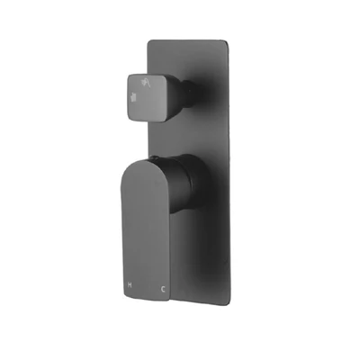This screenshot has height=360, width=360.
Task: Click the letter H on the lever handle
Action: pyautogui.click(x=130, y=284)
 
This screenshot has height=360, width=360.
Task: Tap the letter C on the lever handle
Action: pyautogui.click(x=163, y=289)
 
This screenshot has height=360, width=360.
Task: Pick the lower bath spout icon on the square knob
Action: pyautogui.click(x=134, y=97)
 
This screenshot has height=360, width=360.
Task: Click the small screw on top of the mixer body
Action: pyautogui.click(x=154, y=157)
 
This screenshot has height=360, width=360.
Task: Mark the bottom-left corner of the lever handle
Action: pyautogui.click(x=122, y=293)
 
